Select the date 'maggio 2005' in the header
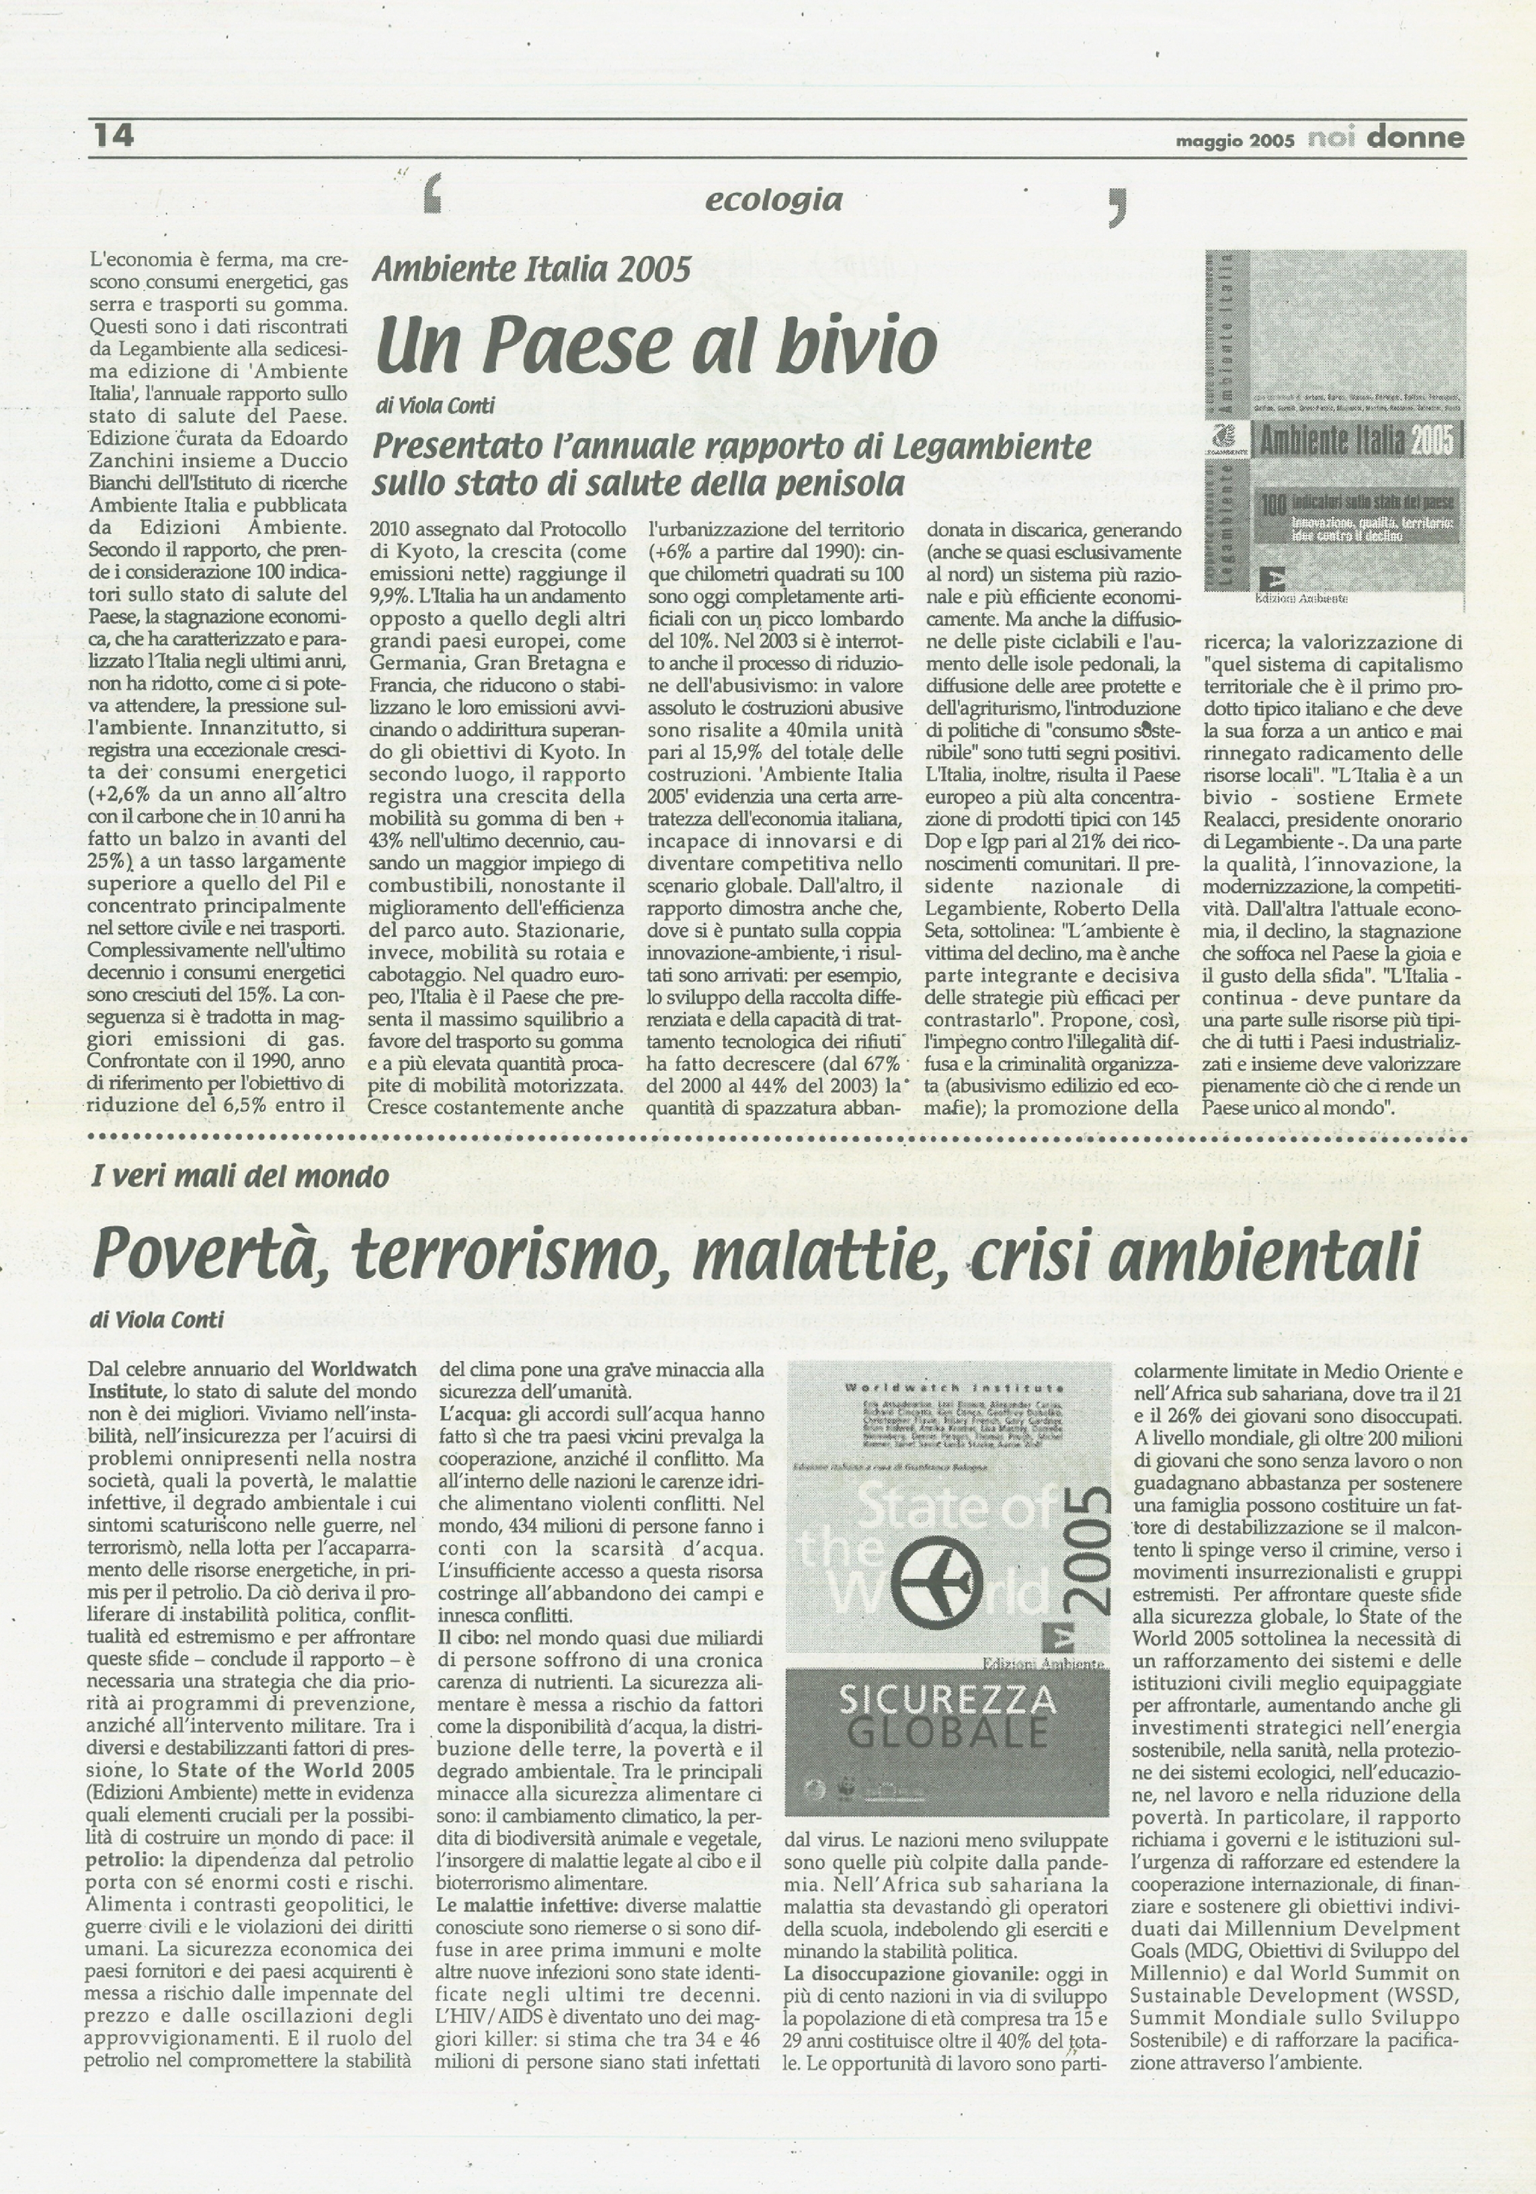pyautogui.click(x=1234, y=140)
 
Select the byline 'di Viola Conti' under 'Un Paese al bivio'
pyautogui.click(x=434, y=406)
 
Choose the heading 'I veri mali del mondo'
pyautogui.click(x=240, y=1176)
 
